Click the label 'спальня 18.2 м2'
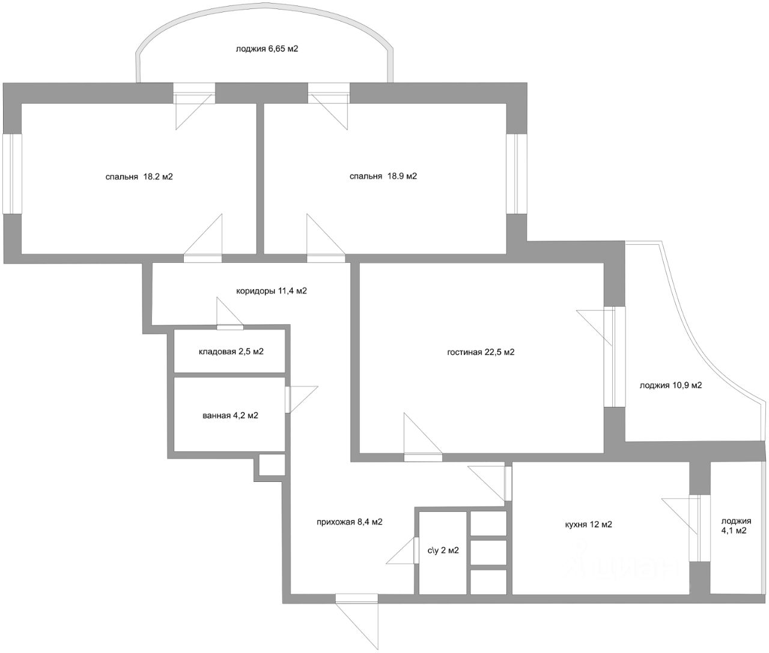pyautogui.click(x=139, y=177)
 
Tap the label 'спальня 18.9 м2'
pyautogui.click(x=383, y=176)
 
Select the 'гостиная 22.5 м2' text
pyautogui.click(x=481, y=352)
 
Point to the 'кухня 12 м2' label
pyautogui.click(x=588, y=525)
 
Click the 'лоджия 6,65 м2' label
pyautogui.click(x=267, y=49)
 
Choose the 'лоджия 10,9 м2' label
pyautogui.click(x=670, y=385)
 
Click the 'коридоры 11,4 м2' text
pyautogui.click(x=272, y=291)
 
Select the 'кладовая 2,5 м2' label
pyautogui.click(x=231, y=352)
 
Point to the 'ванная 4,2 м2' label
pyautogui.click(x=231, y=415)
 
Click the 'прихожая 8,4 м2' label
pyautogui.click(x=350, y=522)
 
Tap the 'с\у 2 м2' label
pyautogui.click(x=443, y=550)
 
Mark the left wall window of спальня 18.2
pyautogui.click(x=12, y=173)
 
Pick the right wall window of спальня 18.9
pyautogui.click(x=515, y=173)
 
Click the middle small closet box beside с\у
pyautogui.click(x=488, y=552)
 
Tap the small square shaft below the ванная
pyautogui.click(x=272, y=465)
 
